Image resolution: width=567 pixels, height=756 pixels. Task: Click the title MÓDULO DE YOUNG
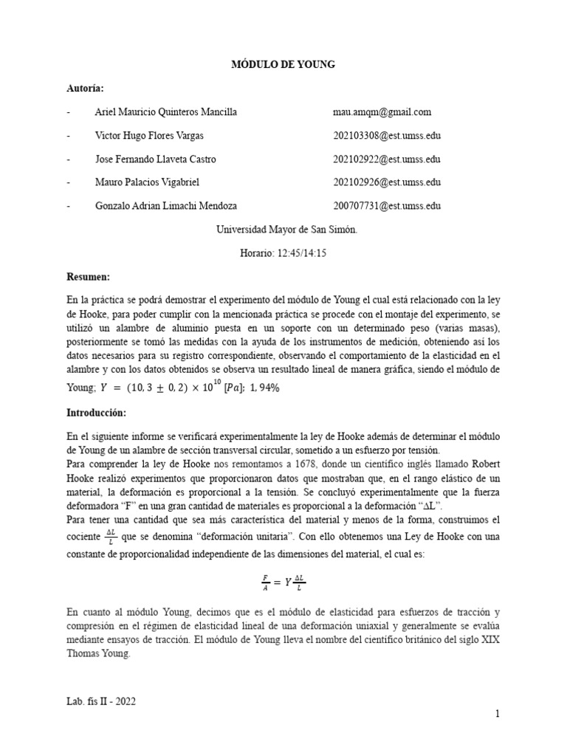pyautogui.click(x=284, y=65)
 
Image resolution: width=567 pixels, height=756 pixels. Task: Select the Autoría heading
pyautogui.click(x=85, y=89)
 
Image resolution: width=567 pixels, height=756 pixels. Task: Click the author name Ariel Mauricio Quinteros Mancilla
pyautogui.click(x=166, y=112)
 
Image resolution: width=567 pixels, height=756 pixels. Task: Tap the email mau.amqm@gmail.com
pyautogui.click(x=382, y=112)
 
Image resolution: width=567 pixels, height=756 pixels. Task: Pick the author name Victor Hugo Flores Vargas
pyautogui.click(x=150, y=136)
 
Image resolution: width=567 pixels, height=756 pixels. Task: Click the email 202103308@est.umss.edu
pyautogui.click(x=387, y=136)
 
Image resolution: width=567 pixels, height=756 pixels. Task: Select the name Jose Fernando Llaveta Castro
pyautogui.click(x=155, y=159)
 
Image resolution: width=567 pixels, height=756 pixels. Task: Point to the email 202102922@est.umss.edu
pyautogui.click(x=387, y=159)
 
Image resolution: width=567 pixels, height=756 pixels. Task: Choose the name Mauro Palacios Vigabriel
pyautogui.click(x=147, y=182)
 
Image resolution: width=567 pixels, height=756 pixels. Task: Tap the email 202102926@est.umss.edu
pyautogui.click(x=387, y=182)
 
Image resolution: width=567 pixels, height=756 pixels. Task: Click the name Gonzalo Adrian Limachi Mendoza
pyautogui.click(x=166, y=206)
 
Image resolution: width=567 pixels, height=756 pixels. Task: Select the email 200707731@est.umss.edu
pyautogui.click(x=387, y=206)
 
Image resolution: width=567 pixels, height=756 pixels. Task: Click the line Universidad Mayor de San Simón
pyautogui.click(x=286, y=230)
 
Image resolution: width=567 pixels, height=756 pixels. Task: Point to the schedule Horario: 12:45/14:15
pyautogui.click(x=283, y=253)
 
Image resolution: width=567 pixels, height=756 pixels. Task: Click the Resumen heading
pyautogui.click(x=88, y=276)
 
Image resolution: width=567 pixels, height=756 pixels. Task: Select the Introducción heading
pyautogui.click(x=96, y=411)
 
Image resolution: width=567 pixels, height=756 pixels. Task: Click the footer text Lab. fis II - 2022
pyautogui.click(x=101, y=702)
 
